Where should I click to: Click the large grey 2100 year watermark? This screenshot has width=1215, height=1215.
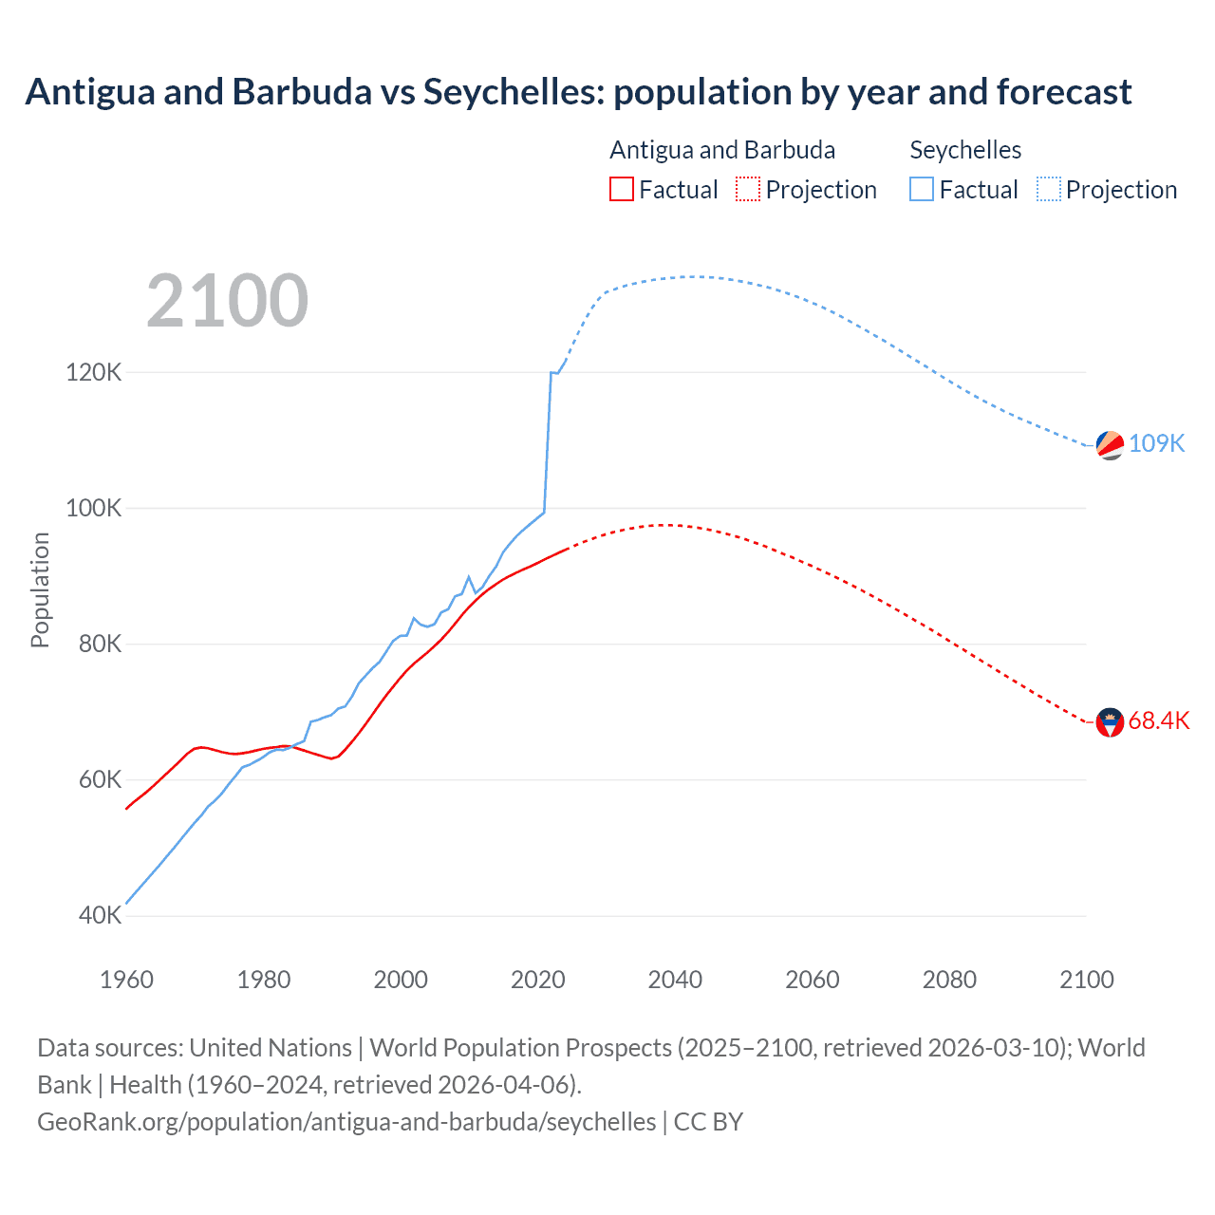click(227, 301)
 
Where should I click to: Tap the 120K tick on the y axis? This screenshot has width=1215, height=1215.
click(94, 372)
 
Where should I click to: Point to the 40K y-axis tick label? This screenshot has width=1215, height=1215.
click(100, 916)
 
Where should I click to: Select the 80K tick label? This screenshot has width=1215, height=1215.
click(100, 644)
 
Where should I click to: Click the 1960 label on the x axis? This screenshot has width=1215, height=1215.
click(126, 980)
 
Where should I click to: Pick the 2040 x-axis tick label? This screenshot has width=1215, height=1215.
click(675, 980)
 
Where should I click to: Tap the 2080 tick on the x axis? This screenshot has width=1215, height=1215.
click(949, 980)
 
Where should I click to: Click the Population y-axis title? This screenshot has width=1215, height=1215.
click(40, 589)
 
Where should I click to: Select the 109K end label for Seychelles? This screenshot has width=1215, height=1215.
click(1156, 443)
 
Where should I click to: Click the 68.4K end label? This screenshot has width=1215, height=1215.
click(1158, 721)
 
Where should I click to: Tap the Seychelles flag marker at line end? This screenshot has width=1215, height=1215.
click(1110, 444)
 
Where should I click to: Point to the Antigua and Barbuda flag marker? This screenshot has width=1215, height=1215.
click(1110, 722)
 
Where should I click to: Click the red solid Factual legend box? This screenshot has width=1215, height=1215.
click(621, 189)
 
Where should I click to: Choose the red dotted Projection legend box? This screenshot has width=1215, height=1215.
click(748, 189)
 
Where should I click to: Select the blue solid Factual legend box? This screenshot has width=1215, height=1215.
click(921, 189)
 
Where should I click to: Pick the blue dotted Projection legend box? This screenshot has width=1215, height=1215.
click(1048, 189)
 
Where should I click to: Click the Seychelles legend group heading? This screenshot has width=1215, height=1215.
click(965, 150)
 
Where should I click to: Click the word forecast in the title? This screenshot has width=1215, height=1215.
click(1063, 92)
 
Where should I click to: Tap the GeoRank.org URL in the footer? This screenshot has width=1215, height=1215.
click(346, 1122)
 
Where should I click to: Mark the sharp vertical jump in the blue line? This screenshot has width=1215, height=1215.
click(548, 441)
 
